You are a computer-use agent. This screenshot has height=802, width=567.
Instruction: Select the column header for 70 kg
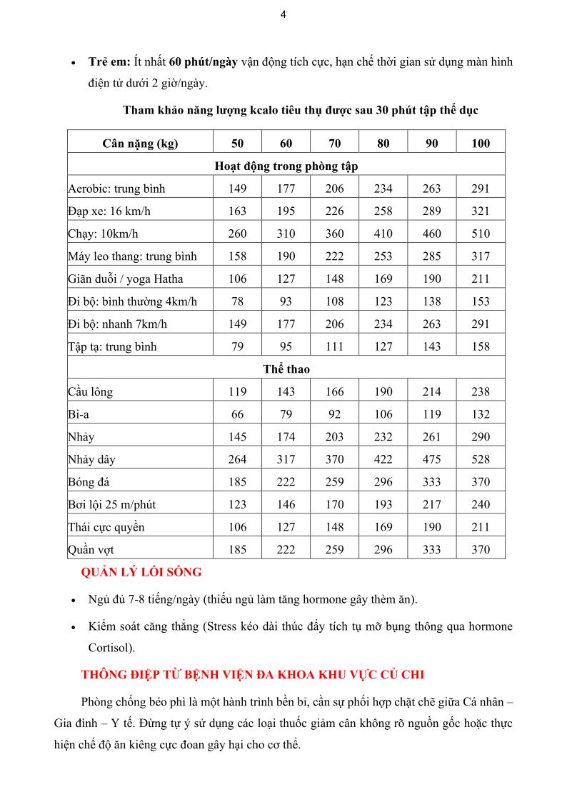334,143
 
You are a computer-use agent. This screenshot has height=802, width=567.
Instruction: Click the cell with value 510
481,234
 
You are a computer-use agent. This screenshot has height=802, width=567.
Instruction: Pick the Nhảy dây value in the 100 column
481,459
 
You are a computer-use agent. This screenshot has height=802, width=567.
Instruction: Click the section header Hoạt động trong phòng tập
286,166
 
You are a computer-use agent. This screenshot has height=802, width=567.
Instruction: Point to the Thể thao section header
286,369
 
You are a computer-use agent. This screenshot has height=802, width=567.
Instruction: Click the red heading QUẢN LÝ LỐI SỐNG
141,572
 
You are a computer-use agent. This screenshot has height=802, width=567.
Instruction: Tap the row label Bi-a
78,414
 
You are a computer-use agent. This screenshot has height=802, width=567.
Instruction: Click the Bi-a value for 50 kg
237,414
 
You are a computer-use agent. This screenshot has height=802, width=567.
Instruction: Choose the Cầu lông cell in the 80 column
383,391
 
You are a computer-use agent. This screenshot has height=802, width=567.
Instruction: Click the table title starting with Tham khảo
301,110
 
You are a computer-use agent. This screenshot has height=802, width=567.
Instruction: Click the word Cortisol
110,648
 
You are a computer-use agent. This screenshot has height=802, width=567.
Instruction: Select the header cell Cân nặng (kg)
140,143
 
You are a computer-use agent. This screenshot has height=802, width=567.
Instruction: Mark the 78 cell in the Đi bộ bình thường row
237,301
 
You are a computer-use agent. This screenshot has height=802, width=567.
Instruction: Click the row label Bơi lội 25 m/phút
111,504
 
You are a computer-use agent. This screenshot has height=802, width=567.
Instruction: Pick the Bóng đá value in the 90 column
431,482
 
